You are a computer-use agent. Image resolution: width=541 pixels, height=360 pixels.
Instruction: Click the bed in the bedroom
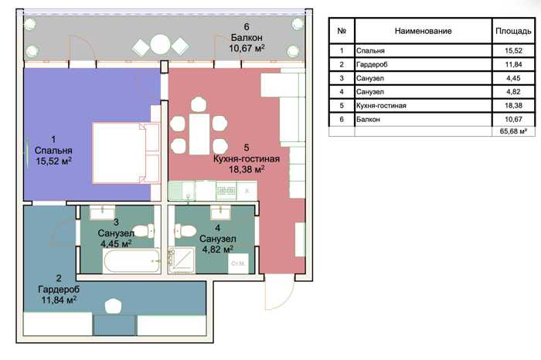[126, 153]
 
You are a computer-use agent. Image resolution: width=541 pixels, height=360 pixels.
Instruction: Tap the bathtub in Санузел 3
[131, 260]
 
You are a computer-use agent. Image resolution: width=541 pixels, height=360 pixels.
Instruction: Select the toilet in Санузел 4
[185, 231]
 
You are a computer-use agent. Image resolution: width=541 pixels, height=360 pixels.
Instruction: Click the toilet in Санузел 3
[144, 231]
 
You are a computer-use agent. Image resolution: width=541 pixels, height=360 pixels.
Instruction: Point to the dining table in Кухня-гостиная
[199, 134]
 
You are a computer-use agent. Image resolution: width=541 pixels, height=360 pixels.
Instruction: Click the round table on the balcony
[161, 45]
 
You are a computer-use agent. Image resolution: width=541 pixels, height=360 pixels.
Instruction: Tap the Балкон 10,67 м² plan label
[247, 38]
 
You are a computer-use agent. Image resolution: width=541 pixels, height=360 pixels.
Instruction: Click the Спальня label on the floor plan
[53, 151]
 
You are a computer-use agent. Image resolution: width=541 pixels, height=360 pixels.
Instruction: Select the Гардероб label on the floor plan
[59, 289]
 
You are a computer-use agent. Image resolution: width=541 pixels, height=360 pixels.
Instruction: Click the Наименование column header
[423, 31]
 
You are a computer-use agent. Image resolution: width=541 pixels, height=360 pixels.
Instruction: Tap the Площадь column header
[513, 31]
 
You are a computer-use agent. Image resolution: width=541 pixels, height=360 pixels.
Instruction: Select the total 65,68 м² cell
[513, 131]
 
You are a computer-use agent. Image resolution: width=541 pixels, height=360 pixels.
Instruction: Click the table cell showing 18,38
[513, 106]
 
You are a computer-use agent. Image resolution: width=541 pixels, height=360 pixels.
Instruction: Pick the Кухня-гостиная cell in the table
[423, 106]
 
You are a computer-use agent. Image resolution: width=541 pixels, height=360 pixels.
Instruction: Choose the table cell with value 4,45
[513, 78]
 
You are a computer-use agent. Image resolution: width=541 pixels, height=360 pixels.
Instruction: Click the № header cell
[342, 31]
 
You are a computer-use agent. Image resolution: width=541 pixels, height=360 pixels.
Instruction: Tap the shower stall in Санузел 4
[182, 260]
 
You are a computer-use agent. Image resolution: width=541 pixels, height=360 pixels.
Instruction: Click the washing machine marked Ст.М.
[238, 263]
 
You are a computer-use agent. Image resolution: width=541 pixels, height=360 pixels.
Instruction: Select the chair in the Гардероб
[113, 305]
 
